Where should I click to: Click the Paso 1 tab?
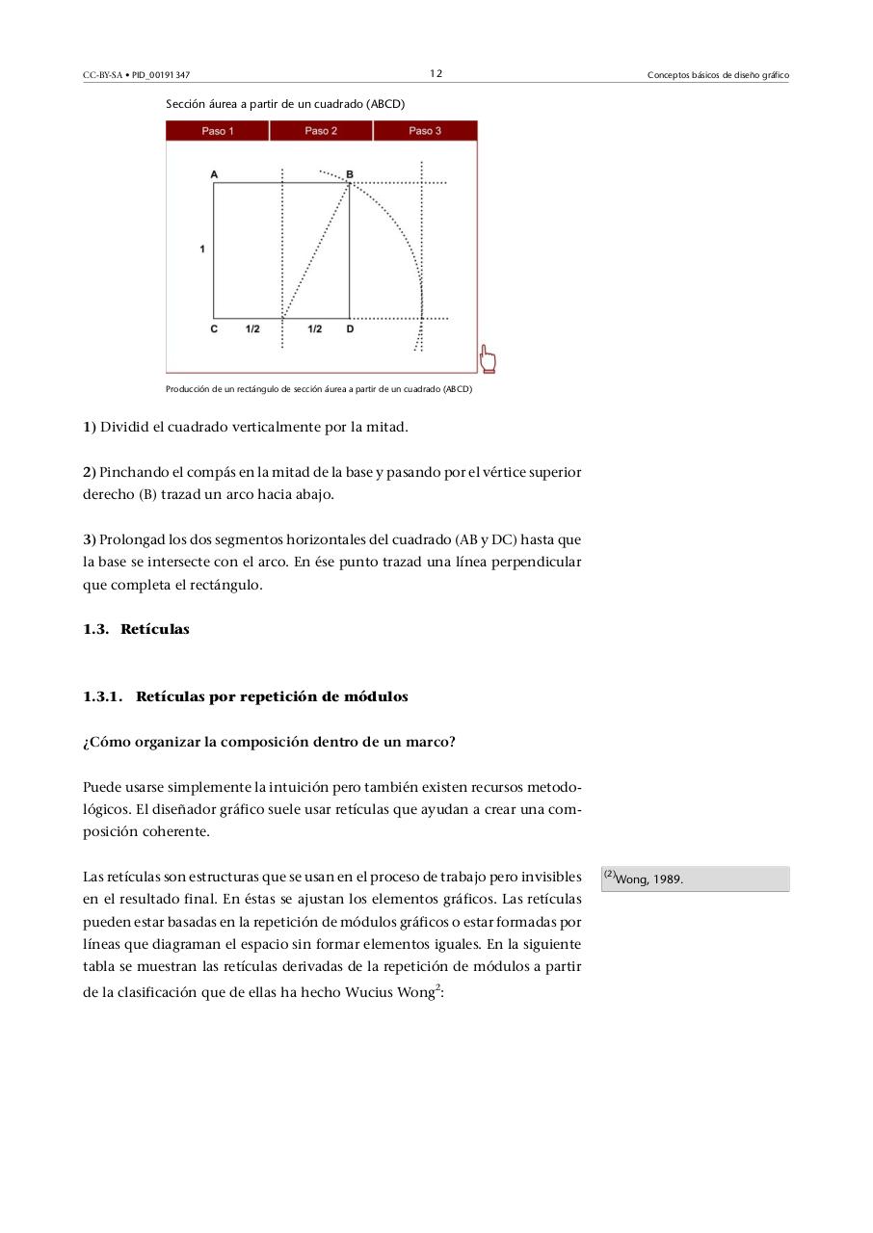(x=217, y=131)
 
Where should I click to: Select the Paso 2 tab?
(x=321, y=131)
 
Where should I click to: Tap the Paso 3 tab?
(x=425, y=131)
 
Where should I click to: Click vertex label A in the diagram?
(x=214, y=174)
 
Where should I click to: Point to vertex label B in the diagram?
(x=350, y=174)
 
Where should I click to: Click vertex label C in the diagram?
(x=214, y=329)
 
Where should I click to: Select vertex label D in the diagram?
(x=350, y=329)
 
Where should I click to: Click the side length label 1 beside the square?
(x=202, y=249)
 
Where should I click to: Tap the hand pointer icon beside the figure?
(x=488, y=361)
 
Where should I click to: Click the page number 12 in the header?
(x=436, y=73)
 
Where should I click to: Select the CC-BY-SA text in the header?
(x=102, y=75)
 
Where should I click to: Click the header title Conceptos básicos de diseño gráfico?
(x=718, y=75)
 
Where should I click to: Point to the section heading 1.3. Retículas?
(x=136, y=629)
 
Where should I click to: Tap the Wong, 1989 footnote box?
(x=695, y=879)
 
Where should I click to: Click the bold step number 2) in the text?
(x=89, y=472)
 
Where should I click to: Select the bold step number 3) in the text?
(x=89, y=539)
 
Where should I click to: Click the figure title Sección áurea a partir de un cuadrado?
(x=285, y=103)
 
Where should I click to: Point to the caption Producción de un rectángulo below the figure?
(x=319, y=390)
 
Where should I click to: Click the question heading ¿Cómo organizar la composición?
(x=269, y=742)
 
